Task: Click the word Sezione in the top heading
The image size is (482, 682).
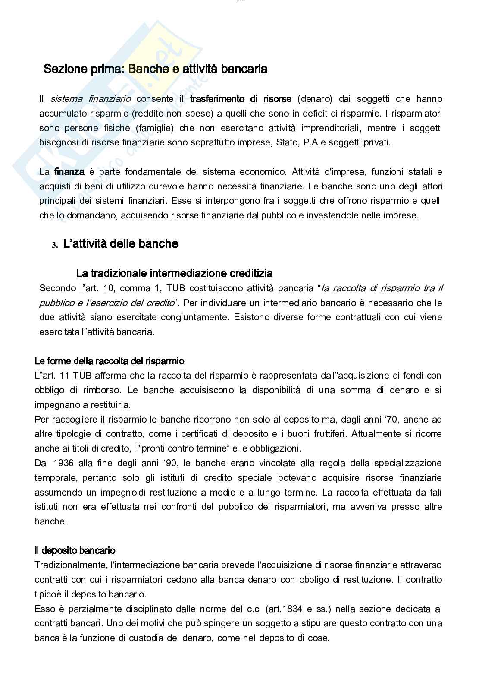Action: pyautogui.click(x=61, y=69)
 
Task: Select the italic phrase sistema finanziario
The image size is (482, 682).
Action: pyautogui.click(x=91, y=99)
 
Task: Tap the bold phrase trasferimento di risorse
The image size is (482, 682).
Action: pyautogui.click(x=241, y=99)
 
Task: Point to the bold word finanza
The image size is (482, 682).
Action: pyautogui.click(x=69, y=172)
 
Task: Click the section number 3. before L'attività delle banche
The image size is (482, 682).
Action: pyautogui.click(x=55, y=245)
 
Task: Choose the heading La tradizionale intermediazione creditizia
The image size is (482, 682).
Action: pyautogui.click(x=174, y=273)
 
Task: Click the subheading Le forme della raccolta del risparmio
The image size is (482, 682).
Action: pyautogui.click(x=109, y=361)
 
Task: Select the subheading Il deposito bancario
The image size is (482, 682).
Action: pyautogui.click(x=75, y=550)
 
